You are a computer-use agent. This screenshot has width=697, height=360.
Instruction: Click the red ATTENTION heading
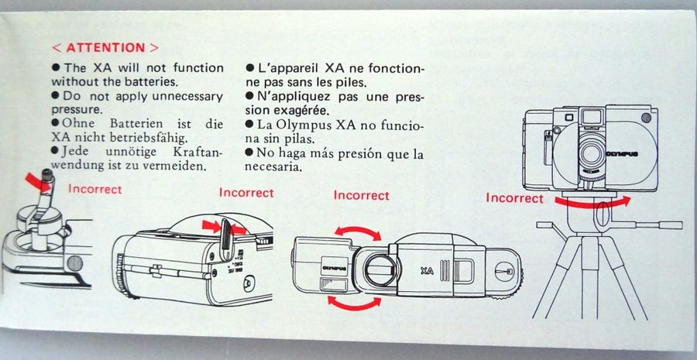coord(105,47)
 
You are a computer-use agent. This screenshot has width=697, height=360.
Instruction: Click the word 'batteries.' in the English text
coord(154,82)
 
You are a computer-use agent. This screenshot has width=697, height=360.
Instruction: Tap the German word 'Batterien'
coord(136,123)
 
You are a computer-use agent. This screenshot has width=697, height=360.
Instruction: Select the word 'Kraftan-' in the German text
coord(196,151)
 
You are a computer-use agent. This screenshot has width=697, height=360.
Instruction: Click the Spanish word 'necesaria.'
coord(273,167)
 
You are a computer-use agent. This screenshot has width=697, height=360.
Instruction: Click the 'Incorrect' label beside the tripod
coord(514,197)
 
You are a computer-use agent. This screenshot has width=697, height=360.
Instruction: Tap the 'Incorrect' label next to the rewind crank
coord(94,189)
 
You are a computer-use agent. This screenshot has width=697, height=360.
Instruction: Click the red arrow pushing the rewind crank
coord(38,183)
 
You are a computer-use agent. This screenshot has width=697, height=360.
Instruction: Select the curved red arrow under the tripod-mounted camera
coord(592,203)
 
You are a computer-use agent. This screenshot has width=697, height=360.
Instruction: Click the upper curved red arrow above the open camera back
coord(357,231)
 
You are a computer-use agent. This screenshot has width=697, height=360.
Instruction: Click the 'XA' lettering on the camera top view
coord(427,271)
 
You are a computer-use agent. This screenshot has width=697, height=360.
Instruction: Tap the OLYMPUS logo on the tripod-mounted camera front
coord(622,154)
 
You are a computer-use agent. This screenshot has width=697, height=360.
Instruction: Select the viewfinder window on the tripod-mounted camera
coord(592,117)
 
